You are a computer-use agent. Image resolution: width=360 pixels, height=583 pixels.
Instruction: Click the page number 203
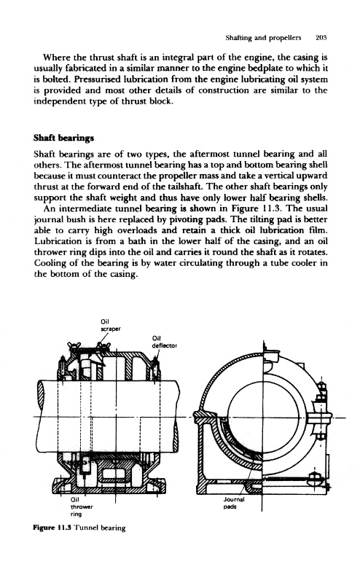tap(321, 38)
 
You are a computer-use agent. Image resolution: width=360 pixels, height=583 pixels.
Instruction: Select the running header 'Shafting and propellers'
tap(263, 38)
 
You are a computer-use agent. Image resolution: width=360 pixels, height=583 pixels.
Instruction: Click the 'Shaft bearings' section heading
tap(63, 138)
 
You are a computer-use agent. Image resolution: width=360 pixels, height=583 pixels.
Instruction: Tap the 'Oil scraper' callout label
tap(111, 325)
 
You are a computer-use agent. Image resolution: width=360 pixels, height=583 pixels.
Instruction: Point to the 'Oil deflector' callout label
tap(165, 342)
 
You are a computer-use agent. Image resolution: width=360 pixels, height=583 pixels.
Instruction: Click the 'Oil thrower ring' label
tap(82, 506)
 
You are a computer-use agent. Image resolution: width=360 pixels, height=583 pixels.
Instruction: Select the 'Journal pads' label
tap(233, 503)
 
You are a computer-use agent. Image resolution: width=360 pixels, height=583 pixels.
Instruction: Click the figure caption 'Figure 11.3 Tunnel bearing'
tap(79, 528)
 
